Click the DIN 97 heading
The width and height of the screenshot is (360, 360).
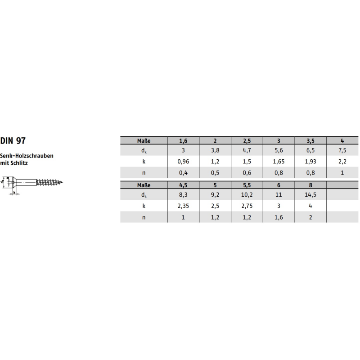point(13,141)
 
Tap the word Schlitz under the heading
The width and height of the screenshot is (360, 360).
point(20,163)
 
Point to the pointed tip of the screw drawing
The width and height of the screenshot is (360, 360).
point(62,183)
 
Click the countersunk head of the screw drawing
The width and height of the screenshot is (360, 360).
point(12,182)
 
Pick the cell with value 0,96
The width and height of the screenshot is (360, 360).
point(183,161)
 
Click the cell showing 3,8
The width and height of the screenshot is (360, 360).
point(215,151)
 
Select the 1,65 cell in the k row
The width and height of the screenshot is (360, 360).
point(279,161)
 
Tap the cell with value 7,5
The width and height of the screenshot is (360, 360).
point(342,151)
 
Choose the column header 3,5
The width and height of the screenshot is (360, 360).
point(310,140)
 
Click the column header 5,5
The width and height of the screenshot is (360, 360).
point(247,185)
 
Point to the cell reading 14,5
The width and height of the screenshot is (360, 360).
point(310,196)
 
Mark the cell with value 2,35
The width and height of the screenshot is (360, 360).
point(183,206)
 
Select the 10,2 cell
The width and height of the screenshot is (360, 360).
point(247,196)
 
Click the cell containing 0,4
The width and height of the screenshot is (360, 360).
point(183,172)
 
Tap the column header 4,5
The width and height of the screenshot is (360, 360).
point(183,185)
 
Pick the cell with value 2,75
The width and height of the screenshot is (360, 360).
point(247,206)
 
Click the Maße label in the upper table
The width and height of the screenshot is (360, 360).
point(144,140)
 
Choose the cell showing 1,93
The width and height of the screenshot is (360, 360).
point(310,161)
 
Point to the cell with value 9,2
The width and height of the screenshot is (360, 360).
point(215,196)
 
